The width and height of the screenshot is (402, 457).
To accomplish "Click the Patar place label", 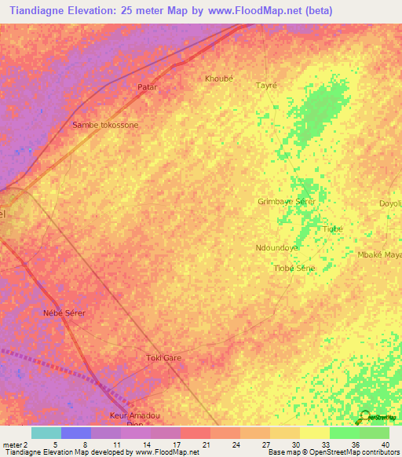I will click(x=148, y=87).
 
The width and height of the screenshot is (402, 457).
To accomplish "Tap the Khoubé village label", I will click(x=219, y=79).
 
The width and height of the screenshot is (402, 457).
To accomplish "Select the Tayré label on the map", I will click(x=267, y=85).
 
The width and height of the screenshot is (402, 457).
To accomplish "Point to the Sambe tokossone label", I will click(x=105, y=125).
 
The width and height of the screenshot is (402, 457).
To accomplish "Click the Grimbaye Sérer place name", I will click(x=287, y=202).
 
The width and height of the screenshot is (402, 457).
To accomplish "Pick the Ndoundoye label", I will click(x=277, y=247).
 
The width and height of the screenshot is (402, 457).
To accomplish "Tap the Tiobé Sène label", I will click(x=294, y=269).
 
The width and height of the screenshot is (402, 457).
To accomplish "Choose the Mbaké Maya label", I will click(x=380, y=255).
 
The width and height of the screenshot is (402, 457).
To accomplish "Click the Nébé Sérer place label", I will click(x=64, y=313).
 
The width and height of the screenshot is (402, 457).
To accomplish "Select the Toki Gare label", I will click(x=164, y=358).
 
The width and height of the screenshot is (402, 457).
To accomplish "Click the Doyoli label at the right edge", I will click(x=390, y=203).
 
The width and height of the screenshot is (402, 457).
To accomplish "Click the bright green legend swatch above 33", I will click(x=344, y=433).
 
